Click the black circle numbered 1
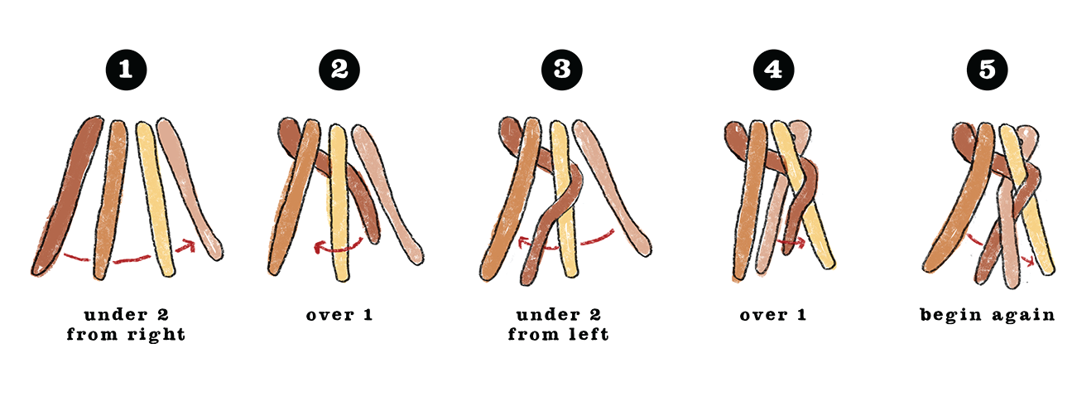(126, 70)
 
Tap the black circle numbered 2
(339, 70)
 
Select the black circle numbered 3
(561, 70)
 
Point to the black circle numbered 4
(774, 70)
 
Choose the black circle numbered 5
(987, 70)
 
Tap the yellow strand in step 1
(155, 197)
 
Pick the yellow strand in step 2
(339, 202)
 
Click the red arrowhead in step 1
(186, 246)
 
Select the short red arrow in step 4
(791, 242)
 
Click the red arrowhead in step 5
(1028, 261)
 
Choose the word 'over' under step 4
(763, 316)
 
